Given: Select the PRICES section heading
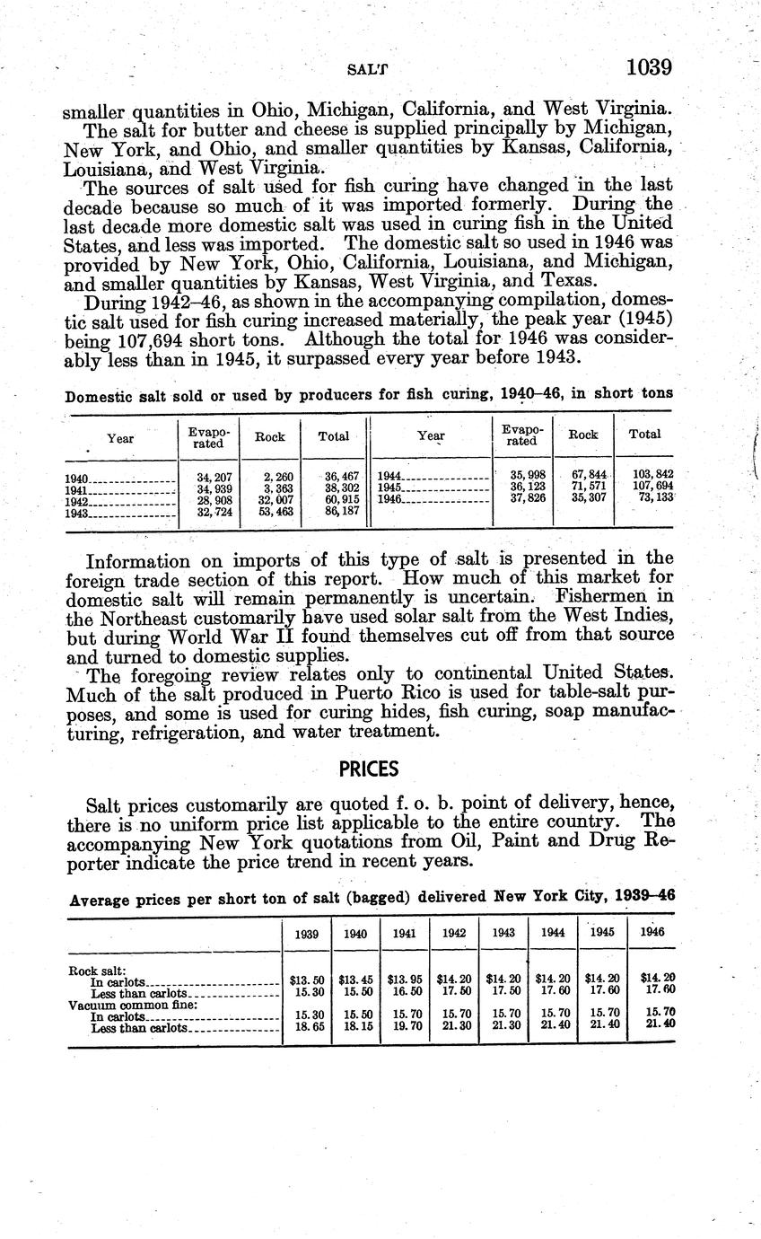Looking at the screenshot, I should coord(369,769).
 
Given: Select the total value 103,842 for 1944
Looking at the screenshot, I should coord(652,474).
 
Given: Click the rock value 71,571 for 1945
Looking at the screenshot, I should coord(590,487).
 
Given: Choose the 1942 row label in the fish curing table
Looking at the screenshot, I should coord(79,503).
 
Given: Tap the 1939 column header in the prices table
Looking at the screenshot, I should coord(306,933).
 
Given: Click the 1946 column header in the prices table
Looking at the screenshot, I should coord(652,932).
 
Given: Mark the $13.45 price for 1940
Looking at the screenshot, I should coord(355,980).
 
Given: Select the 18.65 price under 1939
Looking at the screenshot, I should coord(306,1027).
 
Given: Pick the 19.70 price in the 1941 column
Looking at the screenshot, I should coord(405,1027).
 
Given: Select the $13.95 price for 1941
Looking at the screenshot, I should coord(405,980).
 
